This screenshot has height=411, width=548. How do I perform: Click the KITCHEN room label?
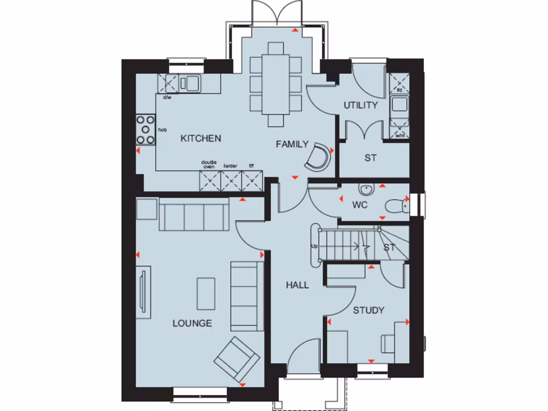point(201,139)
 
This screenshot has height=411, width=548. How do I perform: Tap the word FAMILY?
point(292,144)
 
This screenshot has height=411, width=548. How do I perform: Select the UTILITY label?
point(360,105)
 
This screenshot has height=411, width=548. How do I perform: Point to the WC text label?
point(360,205)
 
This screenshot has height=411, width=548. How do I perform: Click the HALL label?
point(297,285)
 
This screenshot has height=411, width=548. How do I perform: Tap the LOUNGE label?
point(192,323)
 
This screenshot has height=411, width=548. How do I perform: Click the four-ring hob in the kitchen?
point(145,130)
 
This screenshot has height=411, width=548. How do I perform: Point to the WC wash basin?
point(367,189)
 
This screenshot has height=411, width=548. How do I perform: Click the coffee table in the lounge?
point(205,293)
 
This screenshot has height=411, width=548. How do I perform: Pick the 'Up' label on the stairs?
point(315,247)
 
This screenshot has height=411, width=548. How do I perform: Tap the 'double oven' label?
point(208,164)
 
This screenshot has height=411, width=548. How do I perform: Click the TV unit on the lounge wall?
point(143,292)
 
